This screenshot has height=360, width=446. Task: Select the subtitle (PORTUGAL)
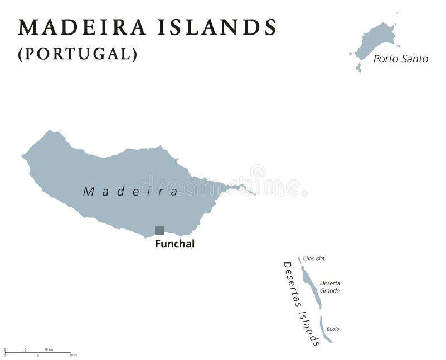click(77, 54)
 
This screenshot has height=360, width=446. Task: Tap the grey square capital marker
click(159, 230)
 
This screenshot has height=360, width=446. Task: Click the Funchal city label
click(175, 244)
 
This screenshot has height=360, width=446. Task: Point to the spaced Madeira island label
click(131, 191)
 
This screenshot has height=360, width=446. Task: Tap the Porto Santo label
click(400, 59)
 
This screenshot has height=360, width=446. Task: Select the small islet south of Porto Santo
click(358, 67)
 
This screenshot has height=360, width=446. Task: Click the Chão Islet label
click(313, 259)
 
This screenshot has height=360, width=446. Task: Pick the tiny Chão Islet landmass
click(299, 260)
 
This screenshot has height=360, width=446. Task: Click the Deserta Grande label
click(329, 287)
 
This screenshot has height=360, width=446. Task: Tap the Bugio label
click(333, 329)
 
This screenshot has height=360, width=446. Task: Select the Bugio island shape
click(324, 329)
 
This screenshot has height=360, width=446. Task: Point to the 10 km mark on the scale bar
click(49, 349)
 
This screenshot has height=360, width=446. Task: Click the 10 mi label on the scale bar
click(72, 355)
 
